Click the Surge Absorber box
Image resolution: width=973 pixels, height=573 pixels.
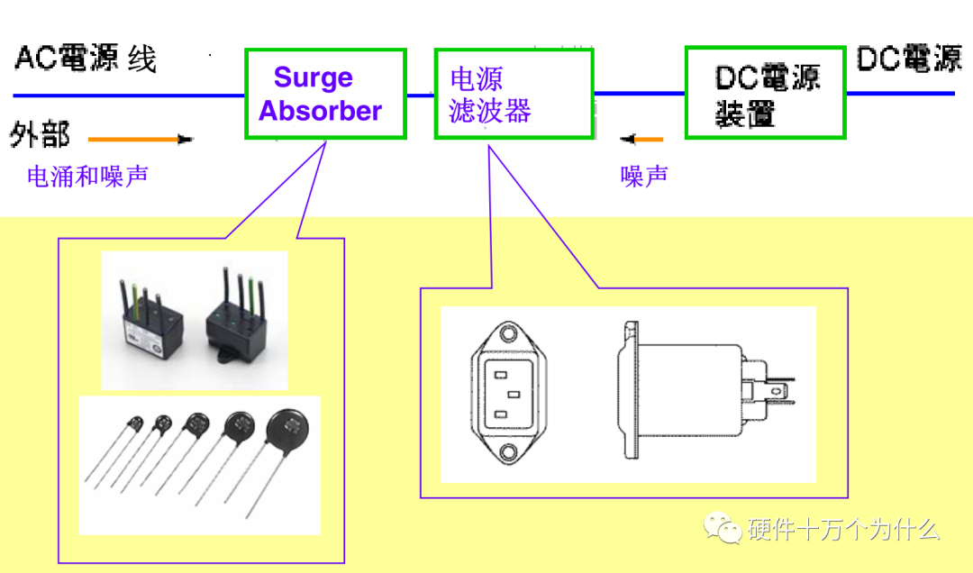click(x=325, y=94)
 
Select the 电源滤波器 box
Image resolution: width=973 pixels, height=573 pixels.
click(x=514, y=94)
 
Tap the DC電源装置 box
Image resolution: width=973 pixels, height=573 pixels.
click(x=766, y=93)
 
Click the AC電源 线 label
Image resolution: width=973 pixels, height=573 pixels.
click(x=86, y=59)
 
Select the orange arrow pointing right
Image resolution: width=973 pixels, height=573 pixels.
click(x=141, y=140)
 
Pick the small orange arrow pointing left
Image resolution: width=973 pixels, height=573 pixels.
click(x=641, y=140)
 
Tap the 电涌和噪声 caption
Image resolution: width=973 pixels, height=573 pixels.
click(x=87, y=176)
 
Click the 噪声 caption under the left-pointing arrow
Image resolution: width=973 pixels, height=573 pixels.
click(x=644, y=176)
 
